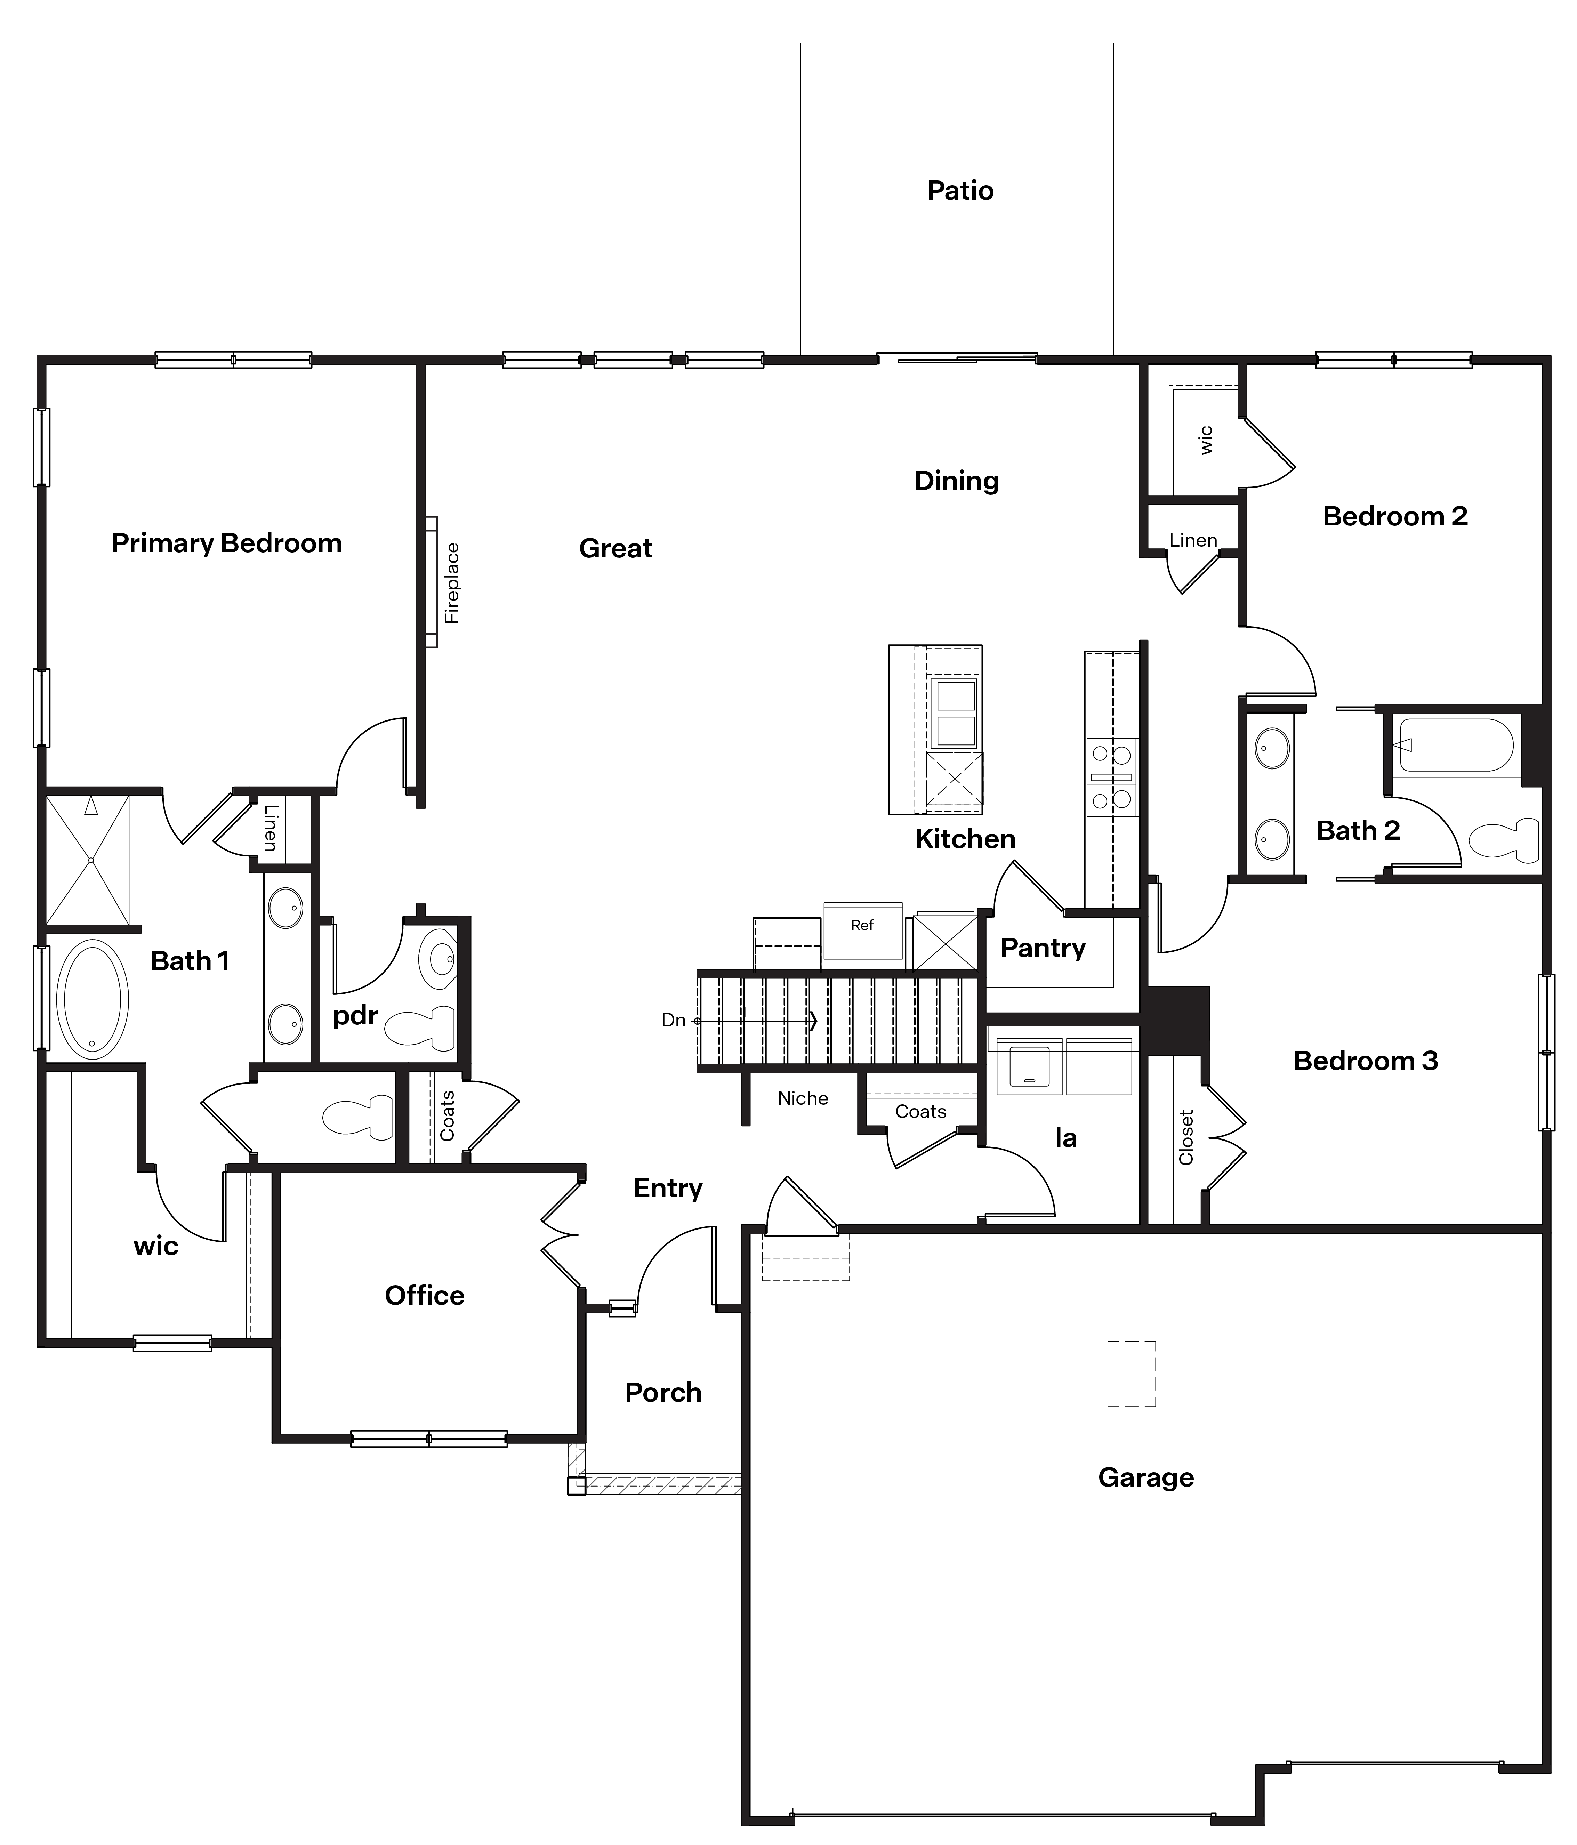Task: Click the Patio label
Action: point(960,191)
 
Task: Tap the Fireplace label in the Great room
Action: point(452,583)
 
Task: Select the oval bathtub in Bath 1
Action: point(92,999)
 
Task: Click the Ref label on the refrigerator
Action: point(862,925)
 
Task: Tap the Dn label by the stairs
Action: point(673,1021)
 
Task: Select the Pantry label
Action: point(1043,948)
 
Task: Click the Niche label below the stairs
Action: point(802,1099)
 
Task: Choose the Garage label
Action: point(1146,1477)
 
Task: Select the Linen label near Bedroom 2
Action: point(1192,540)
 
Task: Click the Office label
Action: point(425,1296)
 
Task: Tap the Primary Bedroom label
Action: point(226,543)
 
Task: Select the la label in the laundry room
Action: point(1066,1138)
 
